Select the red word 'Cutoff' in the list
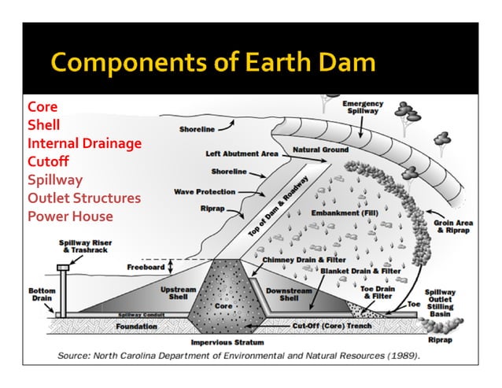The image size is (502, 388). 48,161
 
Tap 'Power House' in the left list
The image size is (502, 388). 70,216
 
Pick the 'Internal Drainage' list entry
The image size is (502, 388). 84,143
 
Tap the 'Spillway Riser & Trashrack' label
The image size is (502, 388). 83,247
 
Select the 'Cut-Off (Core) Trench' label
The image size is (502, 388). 328,324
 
